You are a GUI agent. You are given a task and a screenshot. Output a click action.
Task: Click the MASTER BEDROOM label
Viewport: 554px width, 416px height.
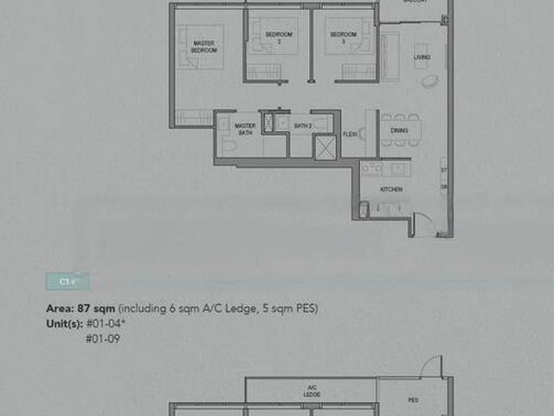click(204, 48)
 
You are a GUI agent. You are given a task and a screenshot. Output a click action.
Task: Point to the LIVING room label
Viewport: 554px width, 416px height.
click(422, 57)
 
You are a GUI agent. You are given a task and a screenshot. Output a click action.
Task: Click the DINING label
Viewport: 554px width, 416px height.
click(399, 130)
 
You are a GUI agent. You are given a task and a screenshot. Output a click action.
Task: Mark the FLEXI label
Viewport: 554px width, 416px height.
click(351, 134)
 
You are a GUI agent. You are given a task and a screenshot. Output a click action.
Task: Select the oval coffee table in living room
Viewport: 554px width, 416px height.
click(429, 81)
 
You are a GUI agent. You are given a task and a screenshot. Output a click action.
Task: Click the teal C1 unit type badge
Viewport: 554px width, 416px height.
click(67, 282)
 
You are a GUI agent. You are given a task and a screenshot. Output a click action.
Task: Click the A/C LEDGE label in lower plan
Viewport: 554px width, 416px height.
click(312, 392)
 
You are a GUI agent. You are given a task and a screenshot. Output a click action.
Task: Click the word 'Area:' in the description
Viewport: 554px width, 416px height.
click(60, 309)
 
